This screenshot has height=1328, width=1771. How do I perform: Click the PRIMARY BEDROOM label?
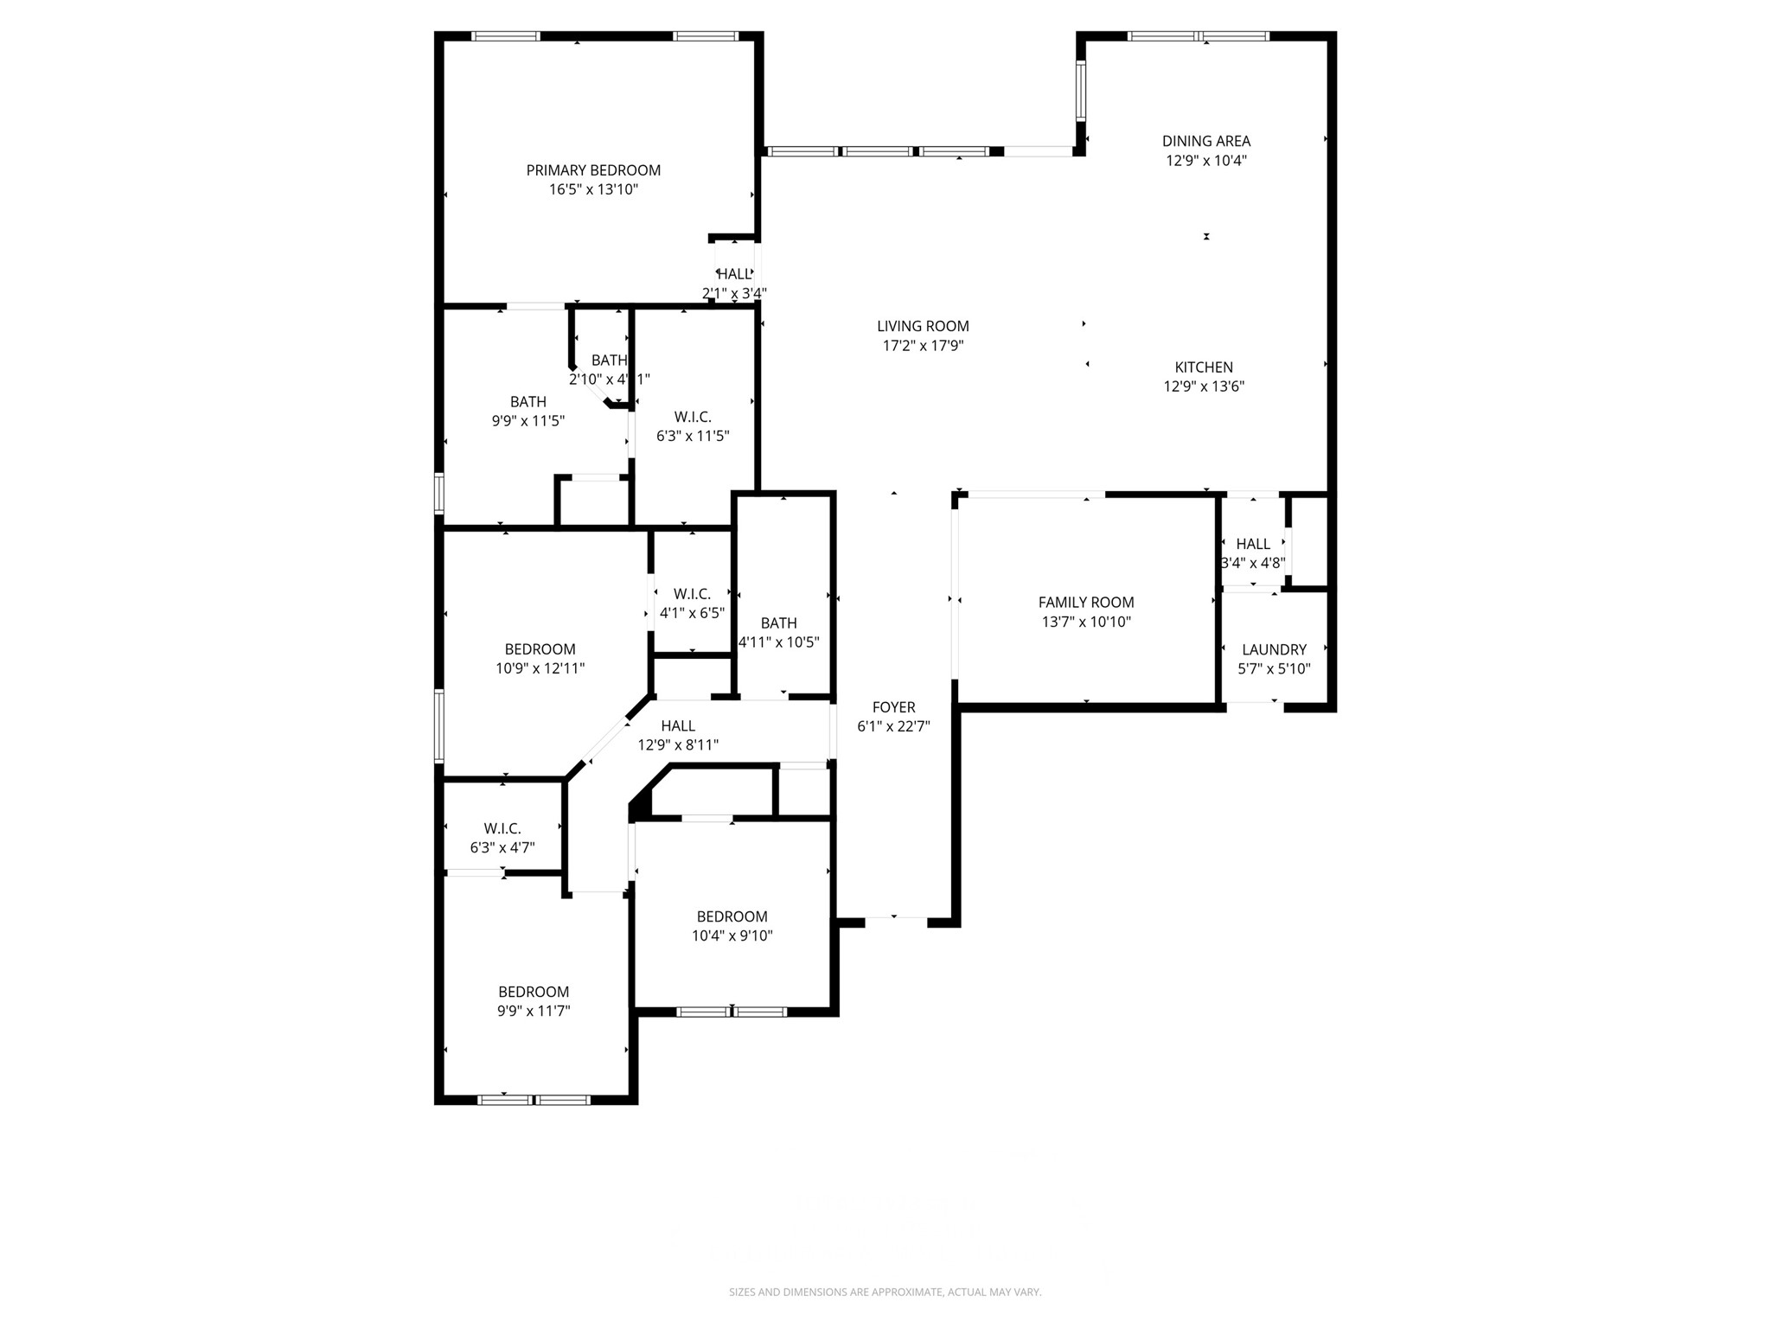coord(593,170)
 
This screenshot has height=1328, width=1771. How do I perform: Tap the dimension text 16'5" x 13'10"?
coord(593,189)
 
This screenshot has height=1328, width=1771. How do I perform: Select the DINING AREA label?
coord(1205,141)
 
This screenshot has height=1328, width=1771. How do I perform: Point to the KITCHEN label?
coord(1204,367)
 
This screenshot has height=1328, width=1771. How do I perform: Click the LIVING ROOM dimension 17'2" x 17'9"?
coord(923,345)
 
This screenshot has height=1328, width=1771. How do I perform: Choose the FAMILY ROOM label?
coord(1086,603)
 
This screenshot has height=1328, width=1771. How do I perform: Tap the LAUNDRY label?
coord(1274,650)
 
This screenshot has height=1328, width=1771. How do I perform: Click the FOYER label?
coord(893,707)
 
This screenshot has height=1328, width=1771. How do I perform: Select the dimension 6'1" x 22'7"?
coord(893,726)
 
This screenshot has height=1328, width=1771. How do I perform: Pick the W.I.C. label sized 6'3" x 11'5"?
coord(693,418)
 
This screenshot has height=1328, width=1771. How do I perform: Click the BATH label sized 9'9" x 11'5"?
coord(527,402)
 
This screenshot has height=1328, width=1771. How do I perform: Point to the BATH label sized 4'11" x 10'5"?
coord(778,623)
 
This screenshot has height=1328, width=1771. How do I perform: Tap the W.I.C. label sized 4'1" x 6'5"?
coord(692,594)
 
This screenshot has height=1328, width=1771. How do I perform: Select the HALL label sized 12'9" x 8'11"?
coord(678,726)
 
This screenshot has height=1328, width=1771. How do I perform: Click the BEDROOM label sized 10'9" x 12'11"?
coord(540,649)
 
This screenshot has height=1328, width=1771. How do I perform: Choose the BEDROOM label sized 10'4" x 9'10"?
coord(732,916)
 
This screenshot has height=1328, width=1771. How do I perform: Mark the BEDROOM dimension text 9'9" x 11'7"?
coord(534,1011)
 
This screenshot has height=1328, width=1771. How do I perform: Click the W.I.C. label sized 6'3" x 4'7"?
coord(502,828)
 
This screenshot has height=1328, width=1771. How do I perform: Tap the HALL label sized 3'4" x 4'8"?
coord(1253,544)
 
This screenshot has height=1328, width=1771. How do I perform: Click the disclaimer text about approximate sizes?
coord(885,1292)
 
